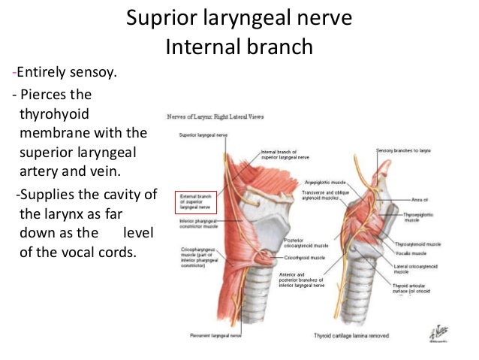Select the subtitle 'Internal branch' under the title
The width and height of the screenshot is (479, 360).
[239, 47]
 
